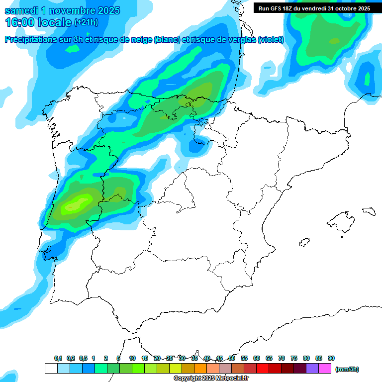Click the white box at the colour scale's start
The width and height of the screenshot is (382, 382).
51,369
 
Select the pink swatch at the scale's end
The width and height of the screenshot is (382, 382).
325,369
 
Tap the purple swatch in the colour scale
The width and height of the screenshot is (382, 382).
312,369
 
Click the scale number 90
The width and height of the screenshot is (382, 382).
331,359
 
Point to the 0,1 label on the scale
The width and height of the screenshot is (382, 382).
58,359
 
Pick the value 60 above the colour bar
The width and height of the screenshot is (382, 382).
257,359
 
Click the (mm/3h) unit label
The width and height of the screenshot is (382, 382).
347,369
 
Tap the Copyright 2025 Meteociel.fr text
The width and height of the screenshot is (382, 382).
211,379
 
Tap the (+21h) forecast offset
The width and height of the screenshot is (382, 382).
86,22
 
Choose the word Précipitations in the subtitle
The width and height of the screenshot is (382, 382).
32,40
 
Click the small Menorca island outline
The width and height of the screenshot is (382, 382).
369,211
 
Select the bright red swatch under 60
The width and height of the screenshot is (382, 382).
263,369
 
